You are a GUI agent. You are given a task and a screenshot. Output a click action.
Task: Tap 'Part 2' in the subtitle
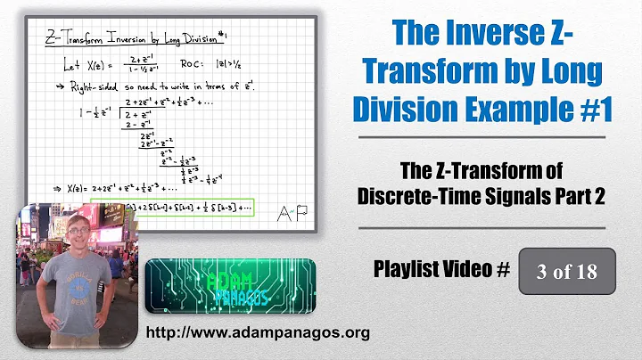[x=575, y=198]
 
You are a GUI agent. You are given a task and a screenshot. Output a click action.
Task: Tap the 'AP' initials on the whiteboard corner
[x=284, y=211]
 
